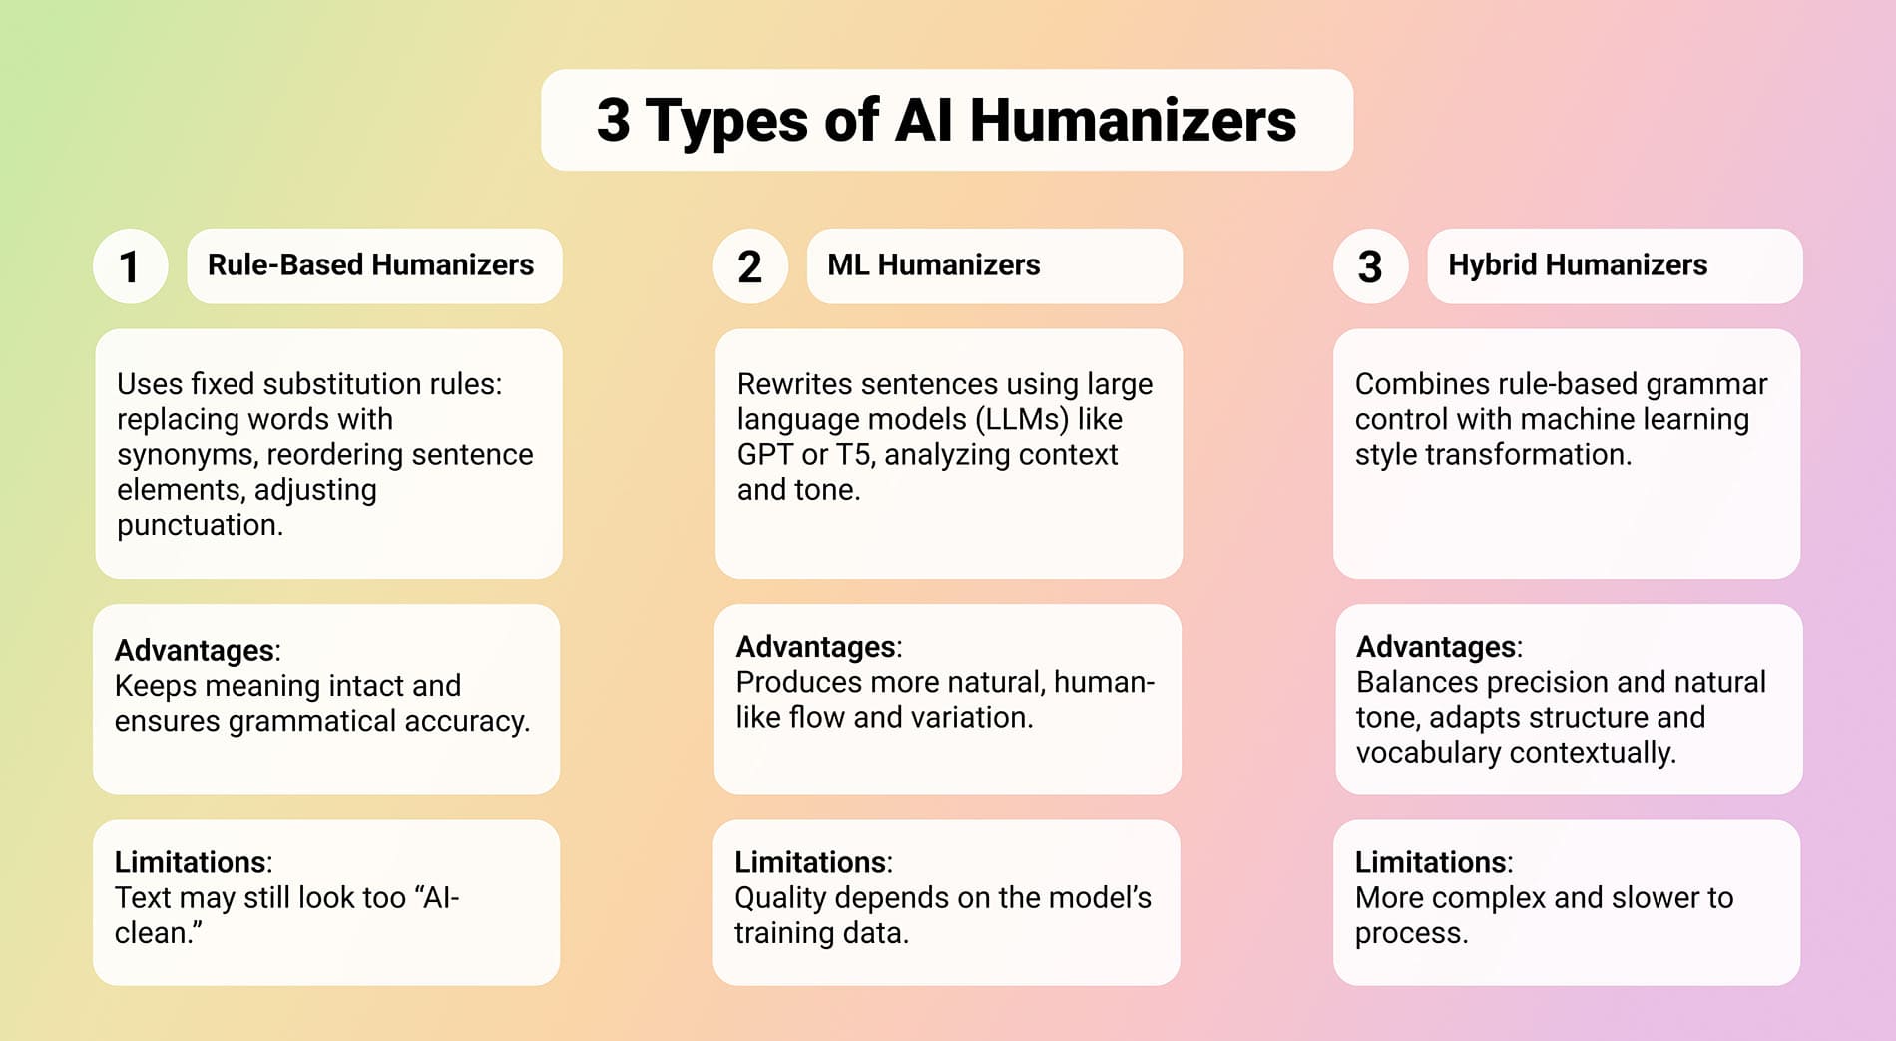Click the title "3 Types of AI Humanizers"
pos(946,120)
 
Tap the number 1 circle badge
pos(130,266)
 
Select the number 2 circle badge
pos(750,266)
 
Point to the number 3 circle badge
pos(1370,266)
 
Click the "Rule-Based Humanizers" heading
pos(370,265)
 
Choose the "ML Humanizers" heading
pos(933,265)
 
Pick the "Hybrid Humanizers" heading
pos(1577,265)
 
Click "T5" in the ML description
pos(853,455)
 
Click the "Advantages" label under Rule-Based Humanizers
pos(195,650)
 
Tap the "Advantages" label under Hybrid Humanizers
pos(1436,647)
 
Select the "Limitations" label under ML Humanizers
pos(811,862)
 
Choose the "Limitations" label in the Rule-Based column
pos(191,862)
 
